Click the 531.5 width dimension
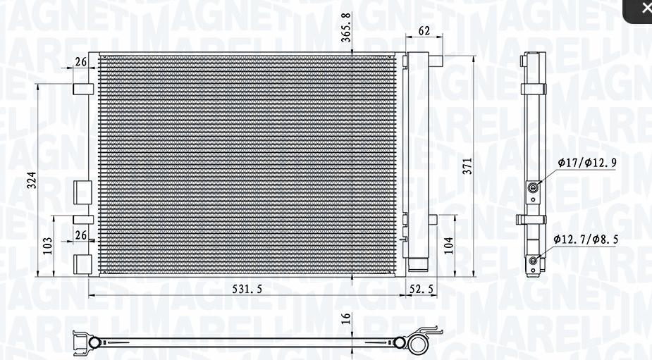(x=247, y=289)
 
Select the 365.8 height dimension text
(x=346, y=27)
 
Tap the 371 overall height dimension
(x=468, y=166)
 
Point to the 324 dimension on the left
(x=32, y=180)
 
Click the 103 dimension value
(x=47, y=246)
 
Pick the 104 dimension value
(x=449, y=246)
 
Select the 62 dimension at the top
(x=424, y=30)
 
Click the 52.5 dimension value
(x=422, y=289)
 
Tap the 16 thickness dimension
(x=346, y=318)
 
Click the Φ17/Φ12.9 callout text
(x=587, y=163)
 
